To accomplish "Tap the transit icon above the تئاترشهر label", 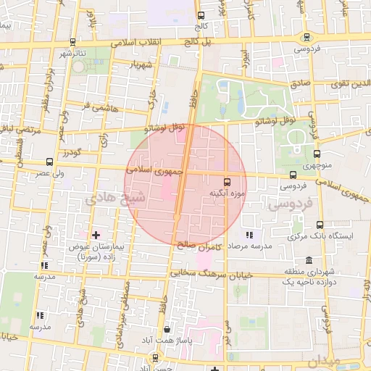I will (72, 42).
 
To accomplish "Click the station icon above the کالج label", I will (201, 15).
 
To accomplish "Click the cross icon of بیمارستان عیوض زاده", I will (96, 235).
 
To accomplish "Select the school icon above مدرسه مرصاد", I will (250, 235).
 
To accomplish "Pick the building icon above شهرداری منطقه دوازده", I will (309, 260).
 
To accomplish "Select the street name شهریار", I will (141, 65).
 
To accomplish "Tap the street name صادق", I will (301, 83).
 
